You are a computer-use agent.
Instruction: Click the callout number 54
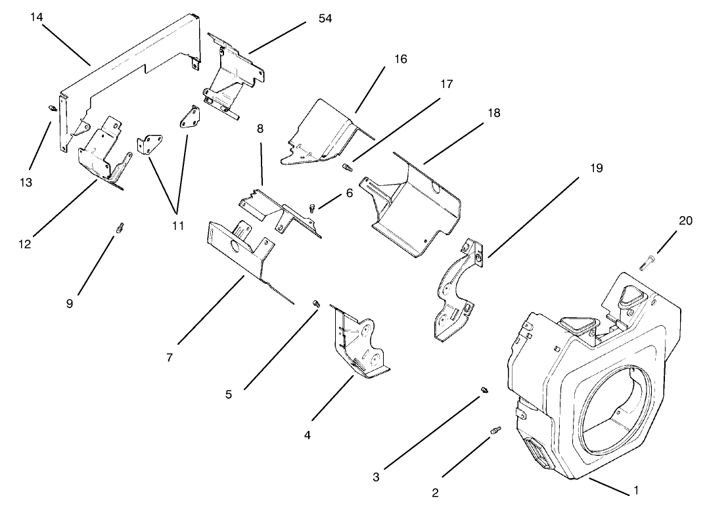[x=325, y=18]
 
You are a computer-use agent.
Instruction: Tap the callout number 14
[x=37, y=16]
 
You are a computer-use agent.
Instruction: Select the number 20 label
[x=685, y=221]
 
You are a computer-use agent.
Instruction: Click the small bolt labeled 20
[x=645, y=265]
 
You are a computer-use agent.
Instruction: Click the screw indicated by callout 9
[x=120, y=227]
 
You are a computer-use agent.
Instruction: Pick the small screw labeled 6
[x=312, y=208]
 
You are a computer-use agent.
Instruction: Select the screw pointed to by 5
[x=316, y=303]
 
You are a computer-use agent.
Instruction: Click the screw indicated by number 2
[x=495, y=431]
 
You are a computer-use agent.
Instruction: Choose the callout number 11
[x=177, y=225]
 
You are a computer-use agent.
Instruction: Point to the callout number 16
[x=400, y=59]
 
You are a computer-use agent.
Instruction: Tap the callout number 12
[x=25, y=244]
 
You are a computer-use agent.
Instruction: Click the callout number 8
[x=260, y=129]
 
